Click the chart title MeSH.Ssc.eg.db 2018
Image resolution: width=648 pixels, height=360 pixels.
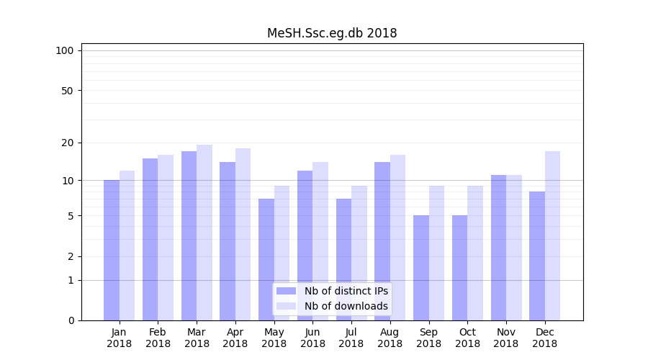[x=332, y=33]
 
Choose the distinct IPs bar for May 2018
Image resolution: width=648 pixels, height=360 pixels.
[x=266, y=259]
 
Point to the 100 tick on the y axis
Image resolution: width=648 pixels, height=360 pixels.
[x=65, y=50]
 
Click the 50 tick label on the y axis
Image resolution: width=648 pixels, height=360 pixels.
[x=68, y=91]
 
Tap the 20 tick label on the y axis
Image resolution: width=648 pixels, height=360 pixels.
[x=68, y=143]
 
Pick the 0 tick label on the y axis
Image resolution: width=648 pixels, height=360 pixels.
[x=71, y=320]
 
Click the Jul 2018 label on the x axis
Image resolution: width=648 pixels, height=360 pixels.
[x=351, y=338]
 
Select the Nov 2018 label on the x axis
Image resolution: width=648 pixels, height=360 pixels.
[x=506, y=338]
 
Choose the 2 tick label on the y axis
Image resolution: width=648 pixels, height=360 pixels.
[x=71, y=256]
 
